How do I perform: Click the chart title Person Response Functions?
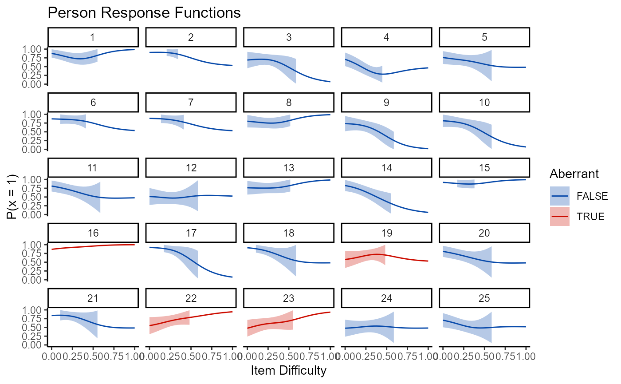[144, 13]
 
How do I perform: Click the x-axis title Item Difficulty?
[288, 370]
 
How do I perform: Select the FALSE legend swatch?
[559, 196]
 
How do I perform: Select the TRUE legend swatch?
[559, 216]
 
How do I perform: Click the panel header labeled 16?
[93, 233]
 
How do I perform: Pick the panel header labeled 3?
[289, 37]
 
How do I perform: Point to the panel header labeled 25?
[484, 298]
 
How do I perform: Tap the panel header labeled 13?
[289, 167]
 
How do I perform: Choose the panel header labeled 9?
[386, 102]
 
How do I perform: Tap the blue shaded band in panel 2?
[173, 53]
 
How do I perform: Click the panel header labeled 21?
[93, 298]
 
